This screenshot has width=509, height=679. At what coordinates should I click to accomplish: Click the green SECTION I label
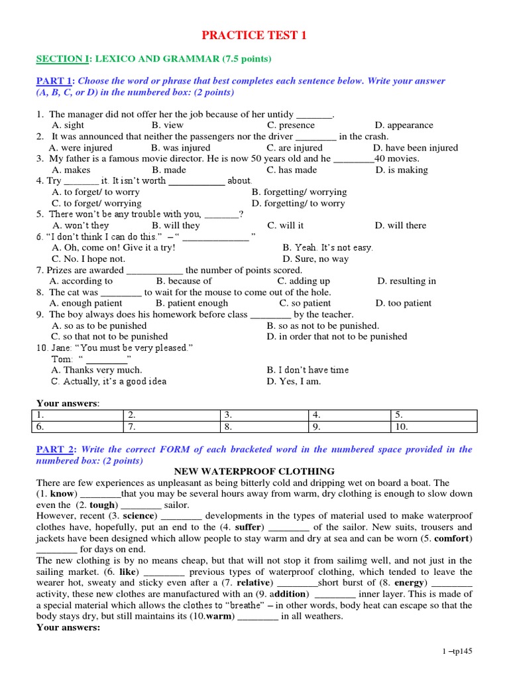point(62,59)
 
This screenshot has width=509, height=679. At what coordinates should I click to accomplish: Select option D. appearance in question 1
point(404,125)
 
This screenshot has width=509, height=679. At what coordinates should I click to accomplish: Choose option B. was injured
point(180,148)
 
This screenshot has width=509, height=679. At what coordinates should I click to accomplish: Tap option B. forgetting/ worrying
point(299,192)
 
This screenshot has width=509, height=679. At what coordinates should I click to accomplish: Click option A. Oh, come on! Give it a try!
point(113,247)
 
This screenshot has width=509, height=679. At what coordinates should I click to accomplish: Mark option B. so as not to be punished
point(323,326)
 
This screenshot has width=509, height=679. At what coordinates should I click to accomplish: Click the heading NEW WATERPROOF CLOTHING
point(254,471)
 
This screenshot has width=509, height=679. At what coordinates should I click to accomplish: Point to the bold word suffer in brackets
point(247,527)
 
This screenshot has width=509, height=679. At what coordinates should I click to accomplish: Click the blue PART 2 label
point(56,450)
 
